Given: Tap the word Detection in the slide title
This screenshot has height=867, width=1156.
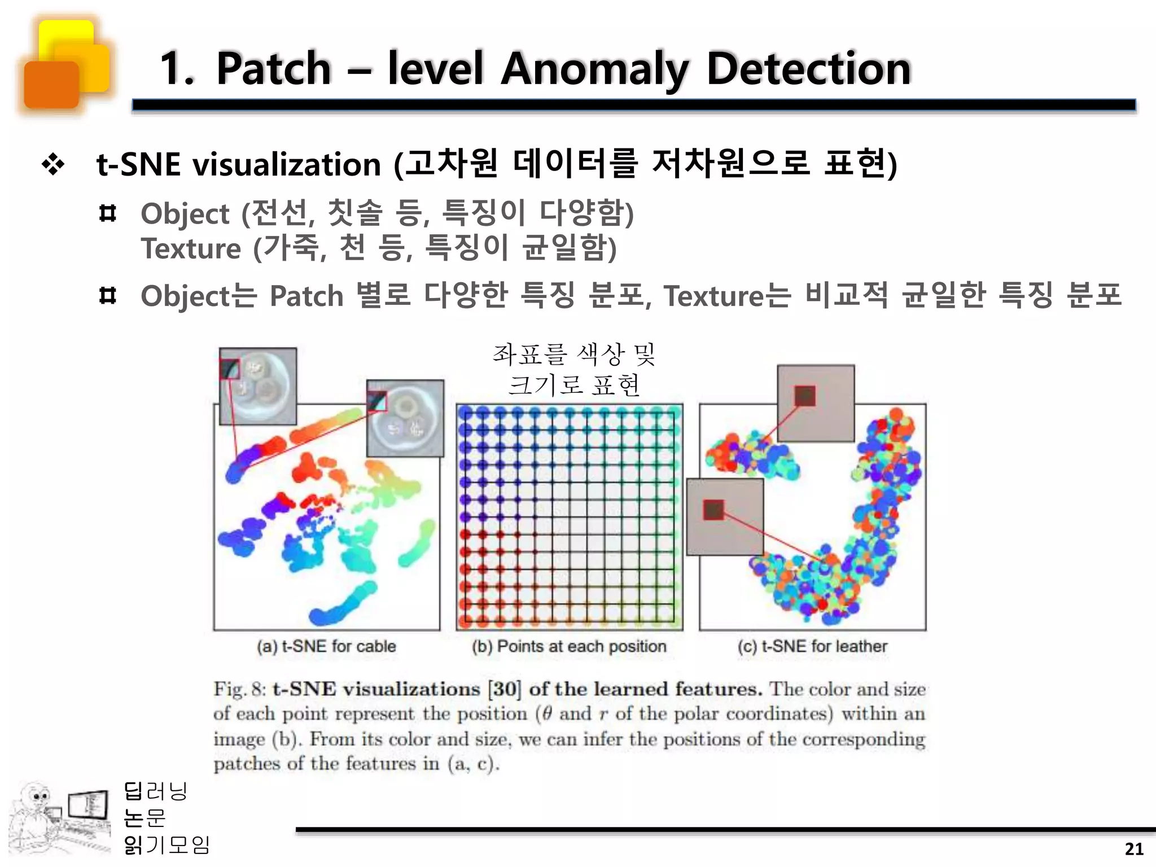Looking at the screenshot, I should click(x=808, y=69).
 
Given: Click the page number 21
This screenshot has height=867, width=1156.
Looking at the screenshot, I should click(x=1134, y=849).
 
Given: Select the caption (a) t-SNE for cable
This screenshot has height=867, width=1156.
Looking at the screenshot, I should click(x=326, y=646).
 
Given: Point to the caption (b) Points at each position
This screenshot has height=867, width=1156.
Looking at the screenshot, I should click(x=569, y=646).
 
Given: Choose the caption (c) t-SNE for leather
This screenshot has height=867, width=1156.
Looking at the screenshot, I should click(x=812, y=646).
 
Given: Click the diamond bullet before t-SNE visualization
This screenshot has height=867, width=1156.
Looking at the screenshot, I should click(x=53, y=165).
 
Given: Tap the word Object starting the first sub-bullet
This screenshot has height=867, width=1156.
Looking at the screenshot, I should click(x=185, y=214).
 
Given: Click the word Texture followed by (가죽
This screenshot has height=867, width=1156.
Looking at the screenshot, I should click(x=191, y=248).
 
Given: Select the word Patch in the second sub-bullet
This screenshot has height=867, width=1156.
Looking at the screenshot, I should click(x=306, y=296).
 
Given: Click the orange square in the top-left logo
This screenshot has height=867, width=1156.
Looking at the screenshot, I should click(x=51, y=85).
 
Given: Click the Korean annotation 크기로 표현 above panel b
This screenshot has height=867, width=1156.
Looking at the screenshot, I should click(x=574, y=385).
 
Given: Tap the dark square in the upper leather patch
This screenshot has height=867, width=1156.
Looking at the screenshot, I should click(x=805, y=396).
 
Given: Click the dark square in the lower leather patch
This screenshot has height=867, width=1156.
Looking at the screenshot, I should click(x=713, y=510).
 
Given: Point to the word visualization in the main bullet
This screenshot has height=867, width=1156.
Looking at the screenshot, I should click(x=286, y=165).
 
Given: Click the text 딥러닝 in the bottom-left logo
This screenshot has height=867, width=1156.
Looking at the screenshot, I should click(x=155, y=791).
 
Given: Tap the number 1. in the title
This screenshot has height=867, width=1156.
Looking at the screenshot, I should click(x=177, y=69).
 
